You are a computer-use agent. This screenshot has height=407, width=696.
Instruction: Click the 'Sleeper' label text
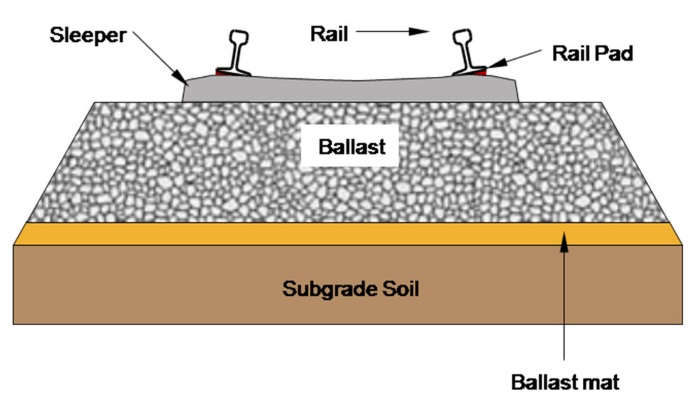tap(88, 35)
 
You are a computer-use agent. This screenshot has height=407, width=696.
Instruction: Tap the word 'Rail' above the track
tap(329, 34)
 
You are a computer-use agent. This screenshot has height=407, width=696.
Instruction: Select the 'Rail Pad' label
tap(592, 53)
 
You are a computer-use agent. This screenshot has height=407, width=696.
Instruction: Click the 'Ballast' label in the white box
tap(352, 147)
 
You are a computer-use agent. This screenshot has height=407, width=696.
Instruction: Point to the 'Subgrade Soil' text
tap(350, 289)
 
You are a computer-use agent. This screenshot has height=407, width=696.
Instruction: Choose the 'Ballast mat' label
tap(565, 382)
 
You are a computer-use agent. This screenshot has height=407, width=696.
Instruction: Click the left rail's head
tap(239, 37)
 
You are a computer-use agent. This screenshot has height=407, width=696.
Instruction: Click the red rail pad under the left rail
tap(220, 73)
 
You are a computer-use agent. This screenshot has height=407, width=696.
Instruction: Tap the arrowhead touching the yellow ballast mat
tap(564, 242)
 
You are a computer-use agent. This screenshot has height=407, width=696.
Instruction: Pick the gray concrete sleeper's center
tap(350, 91)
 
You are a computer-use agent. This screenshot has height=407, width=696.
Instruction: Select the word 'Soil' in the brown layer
tap(400, 289)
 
